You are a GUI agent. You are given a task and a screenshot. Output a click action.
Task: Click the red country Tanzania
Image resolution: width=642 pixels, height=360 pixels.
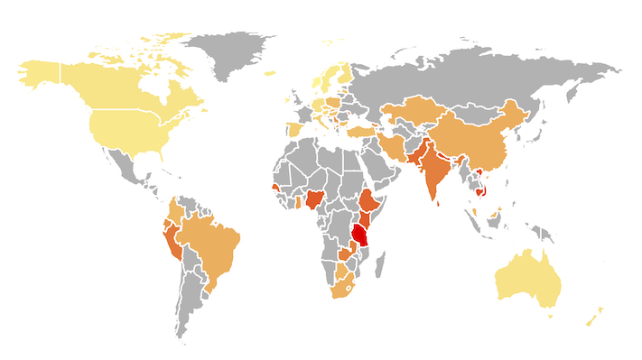pyautogui.click(x=361, y=235)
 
